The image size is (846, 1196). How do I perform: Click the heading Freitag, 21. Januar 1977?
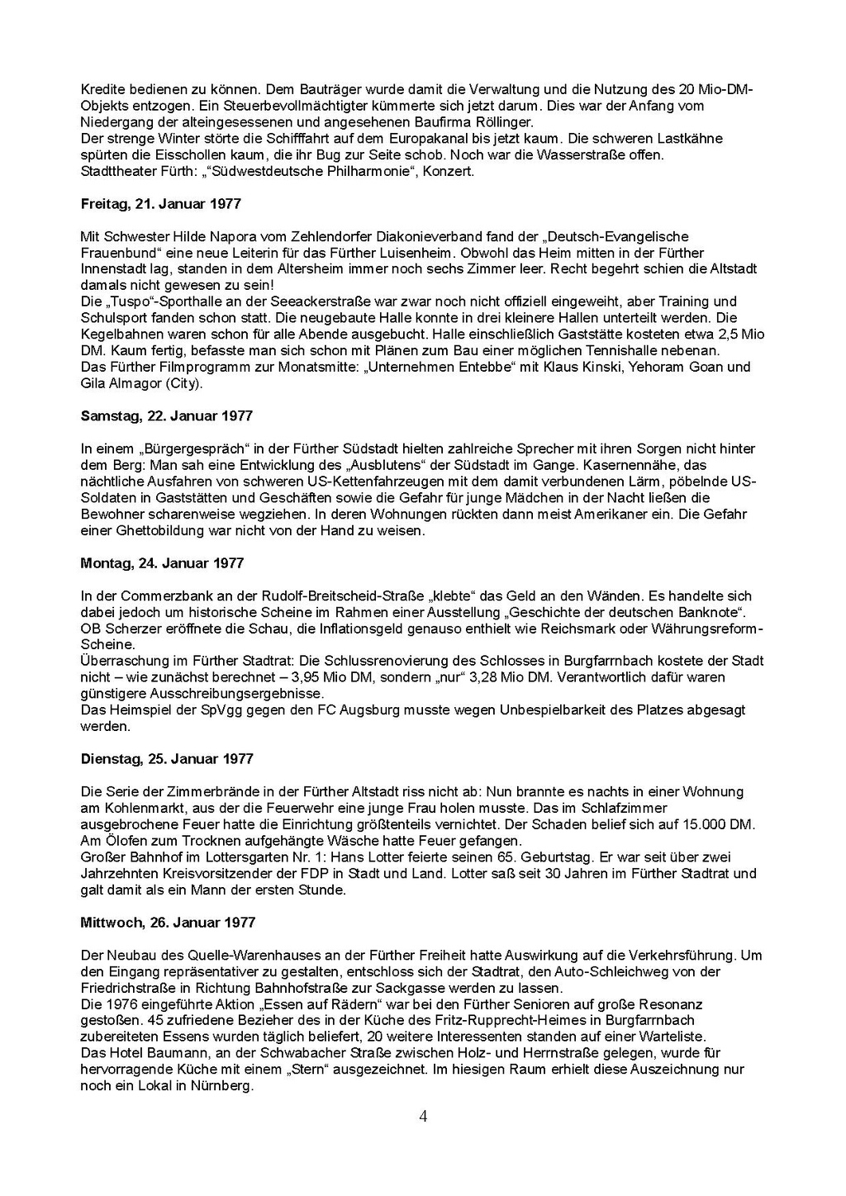click(161, 203)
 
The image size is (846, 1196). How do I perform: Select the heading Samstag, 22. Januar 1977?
click(166, 415)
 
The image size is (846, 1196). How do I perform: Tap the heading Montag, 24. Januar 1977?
click(162, 562)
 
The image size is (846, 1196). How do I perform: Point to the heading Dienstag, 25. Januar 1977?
click(167, 758)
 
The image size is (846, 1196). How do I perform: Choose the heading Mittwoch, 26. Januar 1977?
click(168, 922)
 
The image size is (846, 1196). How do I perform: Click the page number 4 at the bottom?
click(423, 1117)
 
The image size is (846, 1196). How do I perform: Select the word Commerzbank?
click(161, 596)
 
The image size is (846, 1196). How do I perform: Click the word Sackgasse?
click(440, 988)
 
